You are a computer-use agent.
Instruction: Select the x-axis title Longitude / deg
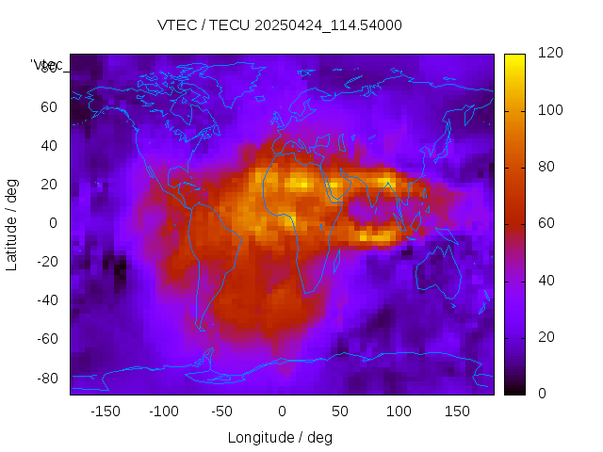[x=280, y=438]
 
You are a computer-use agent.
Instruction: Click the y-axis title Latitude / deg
[x=12, y=222]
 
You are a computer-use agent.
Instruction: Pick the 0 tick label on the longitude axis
[x=281, y=412]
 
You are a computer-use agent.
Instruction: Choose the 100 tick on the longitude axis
[x=399, y=412]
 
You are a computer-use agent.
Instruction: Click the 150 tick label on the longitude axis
[x=457, y=412]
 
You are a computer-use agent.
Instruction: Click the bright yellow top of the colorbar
[x=513, y=58]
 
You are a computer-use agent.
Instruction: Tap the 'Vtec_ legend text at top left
[x=46, y=65]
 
